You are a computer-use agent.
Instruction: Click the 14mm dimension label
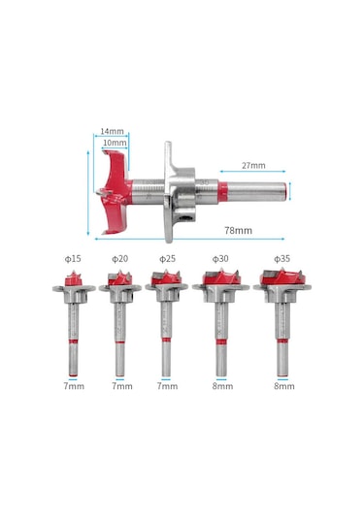(112, 131)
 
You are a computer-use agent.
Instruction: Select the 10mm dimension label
(115, 143)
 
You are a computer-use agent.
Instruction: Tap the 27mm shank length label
(253, 166)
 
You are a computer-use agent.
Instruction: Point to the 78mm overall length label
(238, 230)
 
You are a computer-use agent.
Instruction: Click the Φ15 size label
(73, 258)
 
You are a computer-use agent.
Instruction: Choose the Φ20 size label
(120, 258)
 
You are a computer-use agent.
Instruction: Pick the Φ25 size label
(167, 258)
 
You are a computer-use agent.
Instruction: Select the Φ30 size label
(220, 258)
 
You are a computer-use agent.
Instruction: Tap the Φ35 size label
(281, 258)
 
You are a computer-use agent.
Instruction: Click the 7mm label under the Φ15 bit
(74, 386)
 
